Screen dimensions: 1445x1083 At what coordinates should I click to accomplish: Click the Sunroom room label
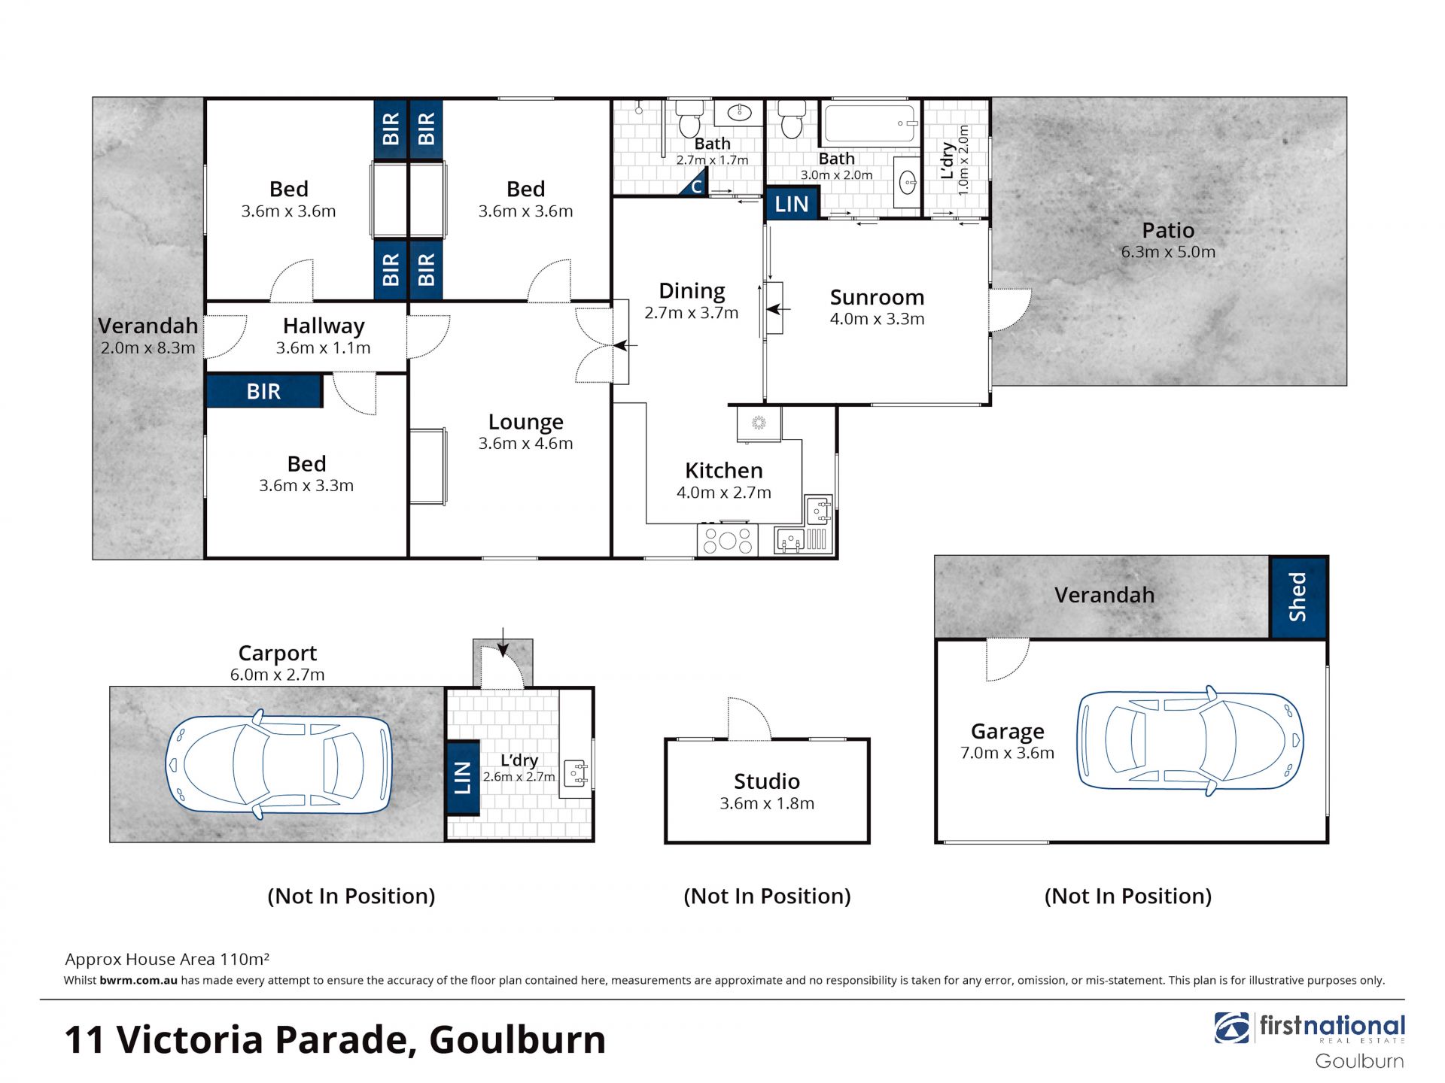(877, 297)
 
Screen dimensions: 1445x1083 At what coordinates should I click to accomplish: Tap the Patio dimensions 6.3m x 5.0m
(1168, 252)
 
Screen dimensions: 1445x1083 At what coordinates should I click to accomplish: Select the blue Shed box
(1298, 597)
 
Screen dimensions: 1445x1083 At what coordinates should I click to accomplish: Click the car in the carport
(278, 763)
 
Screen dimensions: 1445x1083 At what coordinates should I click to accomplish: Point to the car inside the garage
(1190, 741)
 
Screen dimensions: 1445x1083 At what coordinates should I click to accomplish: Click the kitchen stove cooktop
(727, 540)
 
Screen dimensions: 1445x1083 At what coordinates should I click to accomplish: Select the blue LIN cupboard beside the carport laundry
(463, 778)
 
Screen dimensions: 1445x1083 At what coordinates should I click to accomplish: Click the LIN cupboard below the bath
(792, 204)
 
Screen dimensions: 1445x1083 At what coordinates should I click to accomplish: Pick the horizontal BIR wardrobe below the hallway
(264, 391)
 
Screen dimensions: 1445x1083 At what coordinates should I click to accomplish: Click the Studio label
(767, 781)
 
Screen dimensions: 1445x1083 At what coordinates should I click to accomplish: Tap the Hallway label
(324, 326)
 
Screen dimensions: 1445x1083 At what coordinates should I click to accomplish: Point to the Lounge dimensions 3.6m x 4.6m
(525, 444)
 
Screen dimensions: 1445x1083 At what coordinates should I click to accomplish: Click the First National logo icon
(1231, 1028)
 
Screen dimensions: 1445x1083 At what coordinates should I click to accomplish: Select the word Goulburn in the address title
(517, 1040)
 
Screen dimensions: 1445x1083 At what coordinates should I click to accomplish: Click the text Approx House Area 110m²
(167, 959)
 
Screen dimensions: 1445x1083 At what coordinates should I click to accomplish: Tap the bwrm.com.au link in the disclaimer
(138, 980)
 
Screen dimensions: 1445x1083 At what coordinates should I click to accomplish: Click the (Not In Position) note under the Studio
(767, 896)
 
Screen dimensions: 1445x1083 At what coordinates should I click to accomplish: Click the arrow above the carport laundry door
(503, 642)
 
